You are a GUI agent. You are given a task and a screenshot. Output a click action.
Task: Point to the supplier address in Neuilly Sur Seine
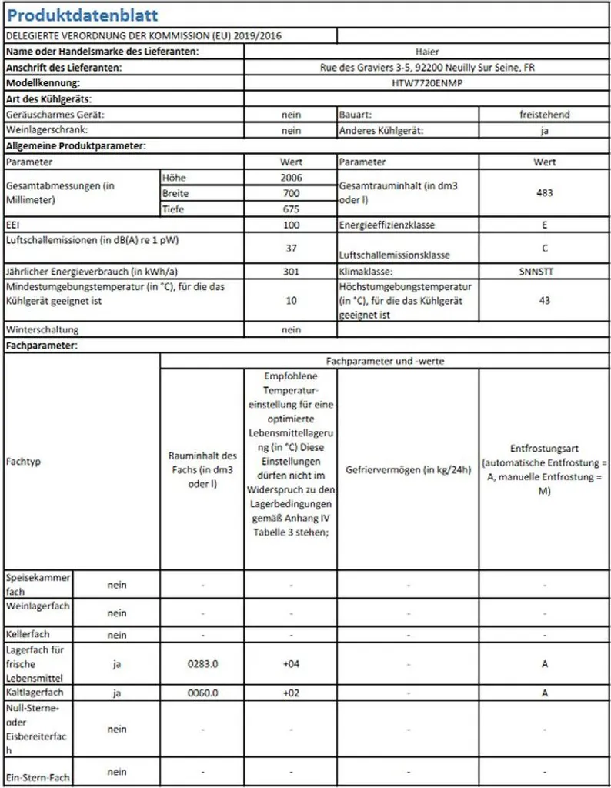point(427,68)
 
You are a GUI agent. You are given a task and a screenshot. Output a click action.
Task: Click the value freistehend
point(544,115)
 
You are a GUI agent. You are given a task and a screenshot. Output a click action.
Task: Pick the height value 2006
point(292,178)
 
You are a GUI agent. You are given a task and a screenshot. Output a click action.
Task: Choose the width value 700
point(292,193)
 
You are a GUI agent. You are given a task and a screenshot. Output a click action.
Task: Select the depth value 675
point(292,209)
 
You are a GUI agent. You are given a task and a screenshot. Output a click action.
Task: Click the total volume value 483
point(544,193)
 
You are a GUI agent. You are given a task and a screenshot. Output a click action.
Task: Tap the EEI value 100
point(292,225)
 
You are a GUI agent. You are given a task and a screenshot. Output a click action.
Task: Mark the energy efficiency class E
point(544,225)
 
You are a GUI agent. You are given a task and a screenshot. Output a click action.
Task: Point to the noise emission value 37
point(292,249)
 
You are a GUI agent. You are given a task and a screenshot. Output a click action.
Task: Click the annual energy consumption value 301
point(292,272)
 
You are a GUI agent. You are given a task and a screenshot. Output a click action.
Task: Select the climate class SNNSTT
point(544,272)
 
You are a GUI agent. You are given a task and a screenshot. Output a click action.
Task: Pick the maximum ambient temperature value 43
point(544,300)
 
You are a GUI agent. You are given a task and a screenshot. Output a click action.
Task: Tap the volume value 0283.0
point(204,663)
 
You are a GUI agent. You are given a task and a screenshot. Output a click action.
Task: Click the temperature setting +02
point(292,693)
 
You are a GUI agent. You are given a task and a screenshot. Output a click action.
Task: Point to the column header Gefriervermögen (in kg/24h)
point(408,469)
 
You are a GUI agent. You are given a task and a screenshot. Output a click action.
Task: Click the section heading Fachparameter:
point(42,346)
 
